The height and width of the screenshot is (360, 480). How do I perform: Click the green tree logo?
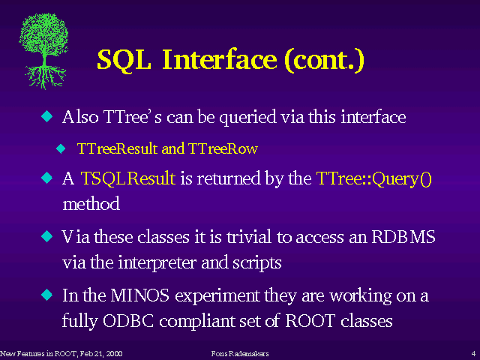(43, 51)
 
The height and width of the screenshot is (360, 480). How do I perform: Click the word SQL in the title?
(124, 60)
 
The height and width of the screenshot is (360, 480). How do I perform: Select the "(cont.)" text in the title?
(324, 60)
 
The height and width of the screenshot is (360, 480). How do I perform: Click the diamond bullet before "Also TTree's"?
(46, 116)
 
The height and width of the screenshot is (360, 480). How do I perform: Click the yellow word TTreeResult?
(117, 148)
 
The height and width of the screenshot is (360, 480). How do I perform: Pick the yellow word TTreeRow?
(223, 148)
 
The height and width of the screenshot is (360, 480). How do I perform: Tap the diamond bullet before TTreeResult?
(61, 148)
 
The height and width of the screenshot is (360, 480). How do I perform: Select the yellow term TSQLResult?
(128, 178)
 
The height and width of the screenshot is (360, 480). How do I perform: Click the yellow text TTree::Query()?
(374, 178)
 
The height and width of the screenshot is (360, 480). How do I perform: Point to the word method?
(91, 203)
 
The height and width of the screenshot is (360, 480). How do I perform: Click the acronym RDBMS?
(403, 237)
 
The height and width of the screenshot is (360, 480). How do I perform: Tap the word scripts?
(256, 263)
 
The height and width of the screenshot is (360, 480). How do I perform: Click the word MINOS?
(140, 295)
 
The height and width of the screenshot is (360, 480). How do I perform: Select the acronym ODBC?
(128, 321)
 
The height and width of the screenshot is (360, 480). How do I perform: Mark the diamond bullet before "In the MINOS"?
(46, 295)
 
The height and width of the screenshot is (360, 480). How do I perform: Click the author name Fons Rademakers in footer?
(240, 353)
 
